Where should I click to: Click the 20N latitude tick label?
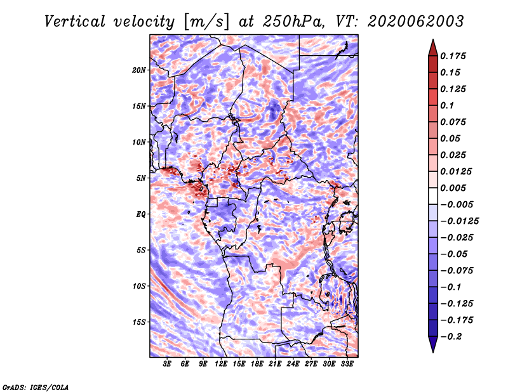click(139, 70)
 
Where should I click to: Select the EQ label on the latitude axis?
click(140, 214)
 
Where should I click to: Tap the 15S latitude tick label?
click(139, 322)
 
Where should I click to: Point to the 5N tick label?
click(140, 178)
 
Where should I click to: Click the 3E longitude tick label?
click(167, 364)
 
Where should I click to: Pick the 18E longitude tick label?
click(257, 364)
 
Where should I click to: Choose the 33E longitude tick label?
click(347, 364)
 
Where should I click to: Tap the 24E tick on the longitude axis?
click(293, 364)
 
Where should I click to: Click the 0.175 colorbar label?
click(453, 56)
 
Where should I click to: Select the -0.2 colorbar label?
click(451, 337)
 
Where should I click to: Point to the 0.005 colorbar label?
click(453, 188)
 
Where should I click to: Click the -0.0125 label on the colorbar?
click(459, 221)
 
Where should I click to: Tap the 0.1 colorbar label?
click(447, 105)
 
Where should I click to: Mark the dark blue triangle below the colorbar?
click(433, 344)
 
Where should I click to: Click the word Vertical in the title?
click(75, 22)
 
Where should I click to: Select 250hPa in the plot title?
click(293, 22)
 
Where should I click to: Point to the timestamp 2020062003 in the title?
click(416, 22)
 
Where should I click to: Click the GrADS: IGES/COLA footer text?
click(36, 387)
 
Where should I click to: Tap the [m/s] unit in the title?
click(206, 22)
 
